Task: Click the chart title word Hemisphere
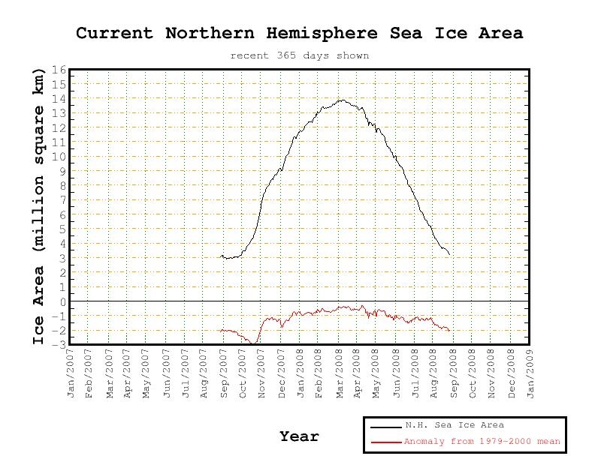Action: (x=322, y=33)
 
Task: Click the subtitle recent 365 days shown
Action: (x=300, y=55)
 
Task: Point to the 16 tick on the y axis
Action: (x=59, y=70)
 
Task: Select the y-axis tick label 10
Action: (x=59, y=157)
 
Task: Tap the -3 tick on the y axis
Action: (x=60, y=345)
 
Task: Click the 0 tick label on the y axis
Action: (x=63, y=301)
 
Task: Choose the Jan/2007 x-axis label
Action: (x=71, y=373)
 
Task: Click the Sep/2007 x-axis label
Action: (x=224, y=373)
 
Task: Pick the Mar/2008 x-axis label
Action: (x=340, y=373)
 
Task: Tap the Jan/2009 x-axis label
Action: (x=530, y=373)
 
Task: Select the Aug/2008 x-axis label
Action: (x=434, y=373)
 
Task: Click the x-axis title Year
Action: (x=300, y=436)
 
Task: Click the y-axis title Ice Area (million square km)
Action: (x=38, y=207)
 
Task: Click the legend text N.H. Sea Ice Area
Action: (x=455, y=425)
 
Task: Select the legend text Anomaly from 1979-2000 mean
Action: (x=482, y=441)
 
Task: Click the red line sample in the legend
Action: (x=386, y=442)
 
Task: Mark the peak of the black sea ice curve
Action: (x=343, y=100)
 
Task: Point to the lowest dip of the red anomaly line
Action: (x=252, y=343)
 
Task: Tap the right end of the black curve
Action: (x=450, y=254)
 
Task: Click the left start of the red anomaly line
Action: (x=221, y=331)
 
